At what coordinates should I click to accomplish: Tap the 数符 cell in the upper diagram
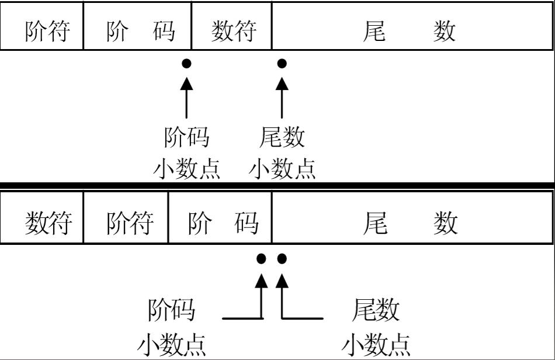233,31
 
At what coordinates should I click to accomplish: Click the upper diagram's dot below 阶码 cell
186,63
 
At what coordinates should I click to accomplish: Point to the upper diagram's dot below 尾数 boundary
282,63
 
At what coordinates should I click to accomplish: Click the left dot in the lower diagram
261,258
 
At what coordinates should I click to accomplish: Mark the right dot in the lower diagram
282,258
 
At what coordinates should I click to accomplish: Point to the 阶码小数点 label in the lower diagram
171,328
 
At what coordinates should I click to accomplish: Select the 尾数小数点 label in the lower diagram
376,328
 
